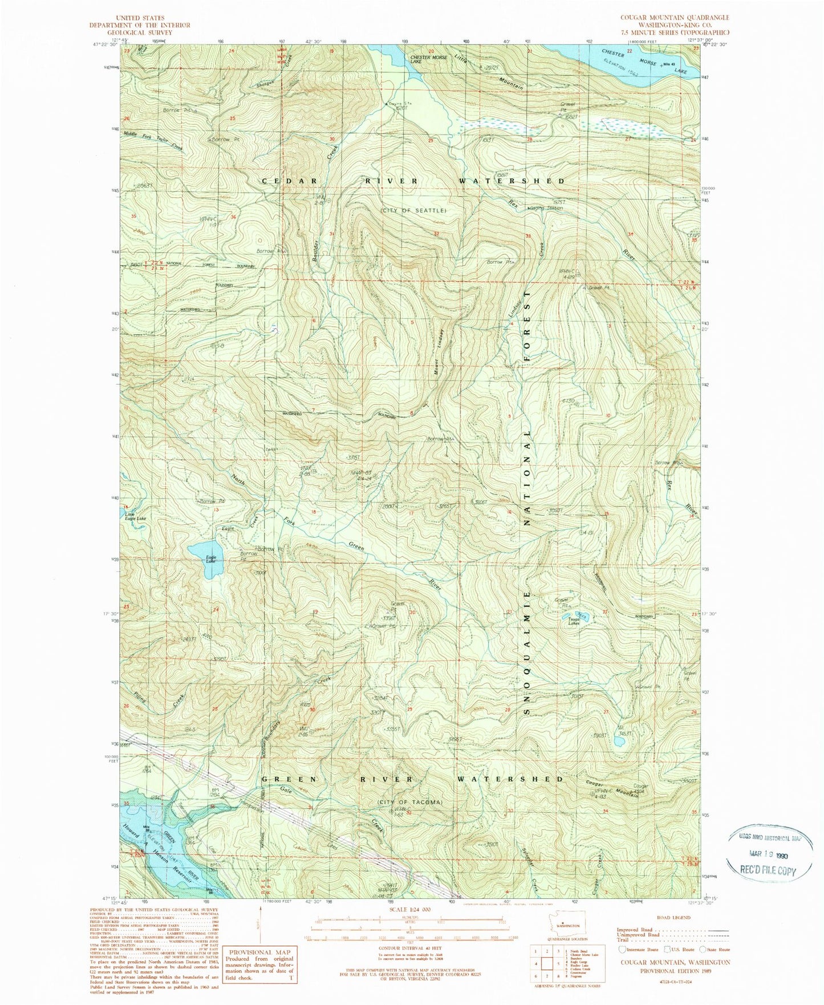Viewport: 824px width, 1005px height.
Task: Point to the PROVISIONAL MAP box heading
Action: point(259,951)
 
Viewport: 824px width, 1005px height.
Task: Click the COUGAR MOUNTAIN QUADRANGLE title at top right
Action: point(674,18)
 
